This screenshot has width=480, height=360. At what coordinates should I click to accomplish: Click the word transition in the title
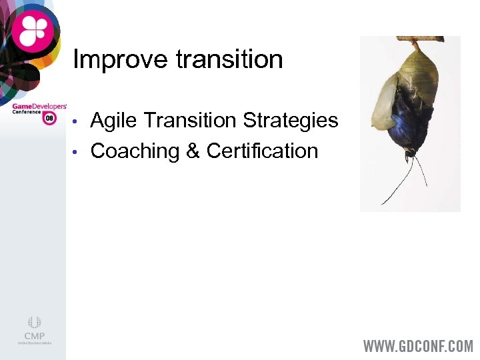click(229, 59)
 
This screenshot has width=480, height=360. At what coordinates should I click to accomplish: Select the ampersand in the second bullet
click(193, 151)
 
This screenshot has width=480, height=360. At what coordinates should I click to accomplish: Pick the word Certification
click(262, 151)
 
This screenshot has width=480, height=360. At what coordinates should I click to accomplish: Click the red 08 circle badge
click(49, 118)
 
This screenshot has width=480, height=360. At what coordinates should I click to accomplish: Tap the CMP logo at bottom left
click(34, 330)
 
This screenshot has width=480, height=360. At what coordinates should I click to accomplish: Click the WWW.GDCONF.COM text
click(417, 347)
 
